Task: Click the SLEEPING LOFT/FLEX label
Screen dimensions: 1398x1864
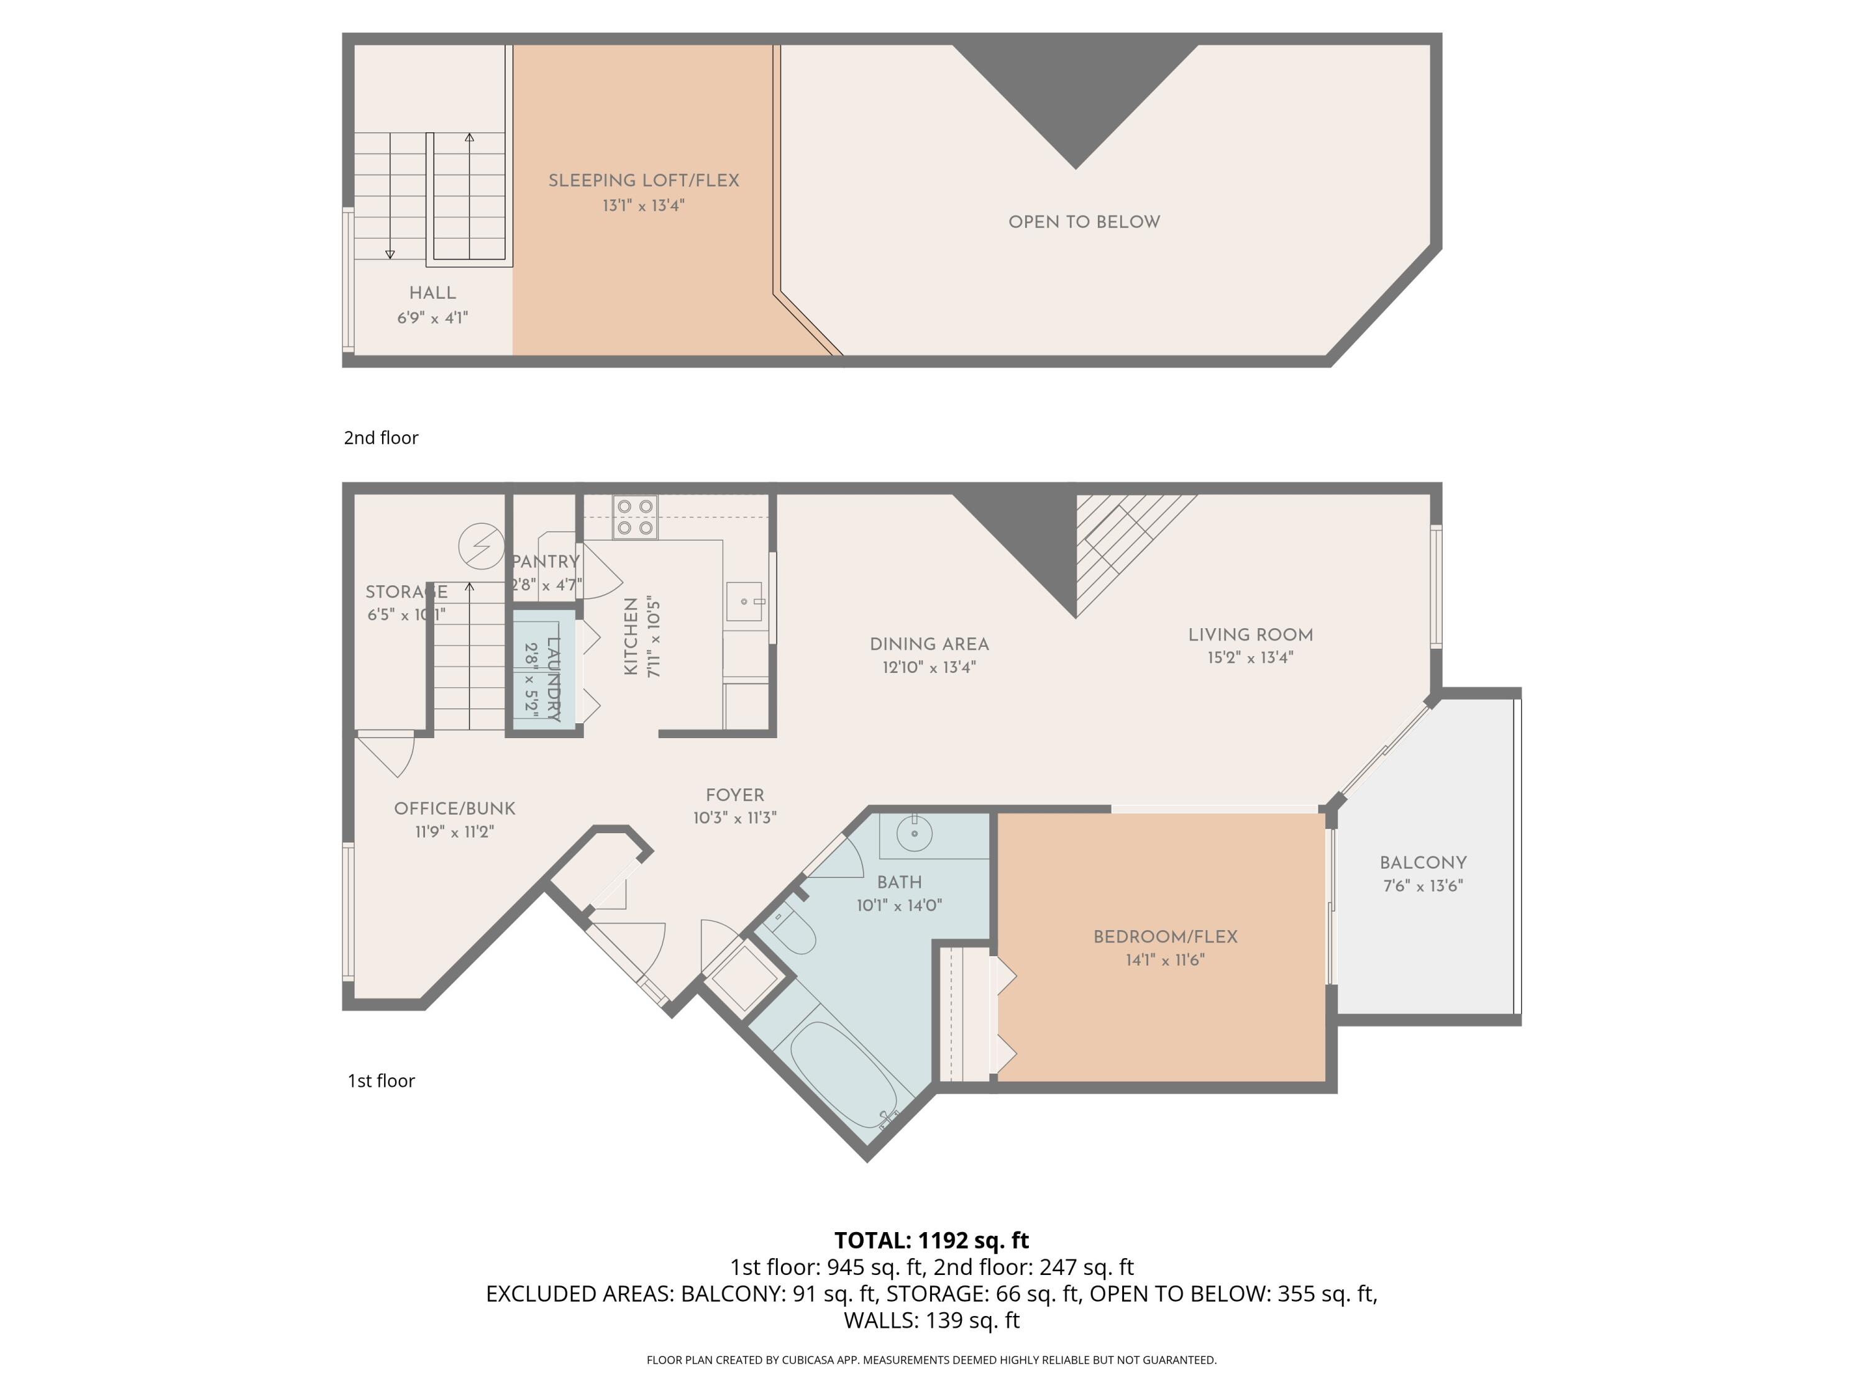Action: (x=643, y=180)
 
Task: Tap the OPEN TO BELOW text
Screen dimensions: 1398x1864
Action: (x=1084, y=222)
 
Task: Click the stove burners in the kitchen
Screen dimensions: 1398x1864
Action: (x=636, y=516)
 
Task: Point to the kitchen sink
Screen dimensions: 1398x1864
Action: (x=744, y=601)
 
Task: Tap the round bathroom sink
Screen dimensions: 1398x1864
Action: (x=913, y=834)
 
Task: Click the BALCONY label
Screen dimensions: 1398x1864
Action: (x=1422, y=863)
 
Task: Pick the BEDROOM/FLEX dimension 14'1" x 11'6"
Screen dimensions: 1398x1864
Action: (x=1164, y=960)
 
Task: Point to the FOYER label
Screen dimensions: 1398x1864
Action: (x=735, y=795)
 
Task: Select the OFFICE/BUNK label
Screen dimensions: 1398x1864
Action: (x=454, y=809)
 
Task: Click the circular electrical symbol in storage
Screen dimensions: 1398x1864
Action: (x=481, y=545)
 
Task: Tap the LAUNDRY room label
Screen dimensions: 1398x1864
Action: (x=554, y=679)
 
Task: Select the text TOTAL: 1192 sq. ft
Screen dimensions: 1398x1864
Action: (x=931, y=1240)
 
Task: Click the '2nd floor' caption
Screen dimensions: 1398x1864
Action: (x=381, y=437)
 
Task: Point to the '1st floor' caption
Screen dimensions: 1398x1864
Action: (x=381, y=1081)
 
